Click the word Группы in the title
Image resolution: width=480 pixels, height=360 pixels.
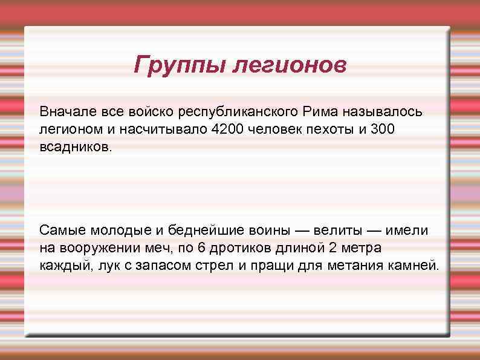click(x=179, y=65)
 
